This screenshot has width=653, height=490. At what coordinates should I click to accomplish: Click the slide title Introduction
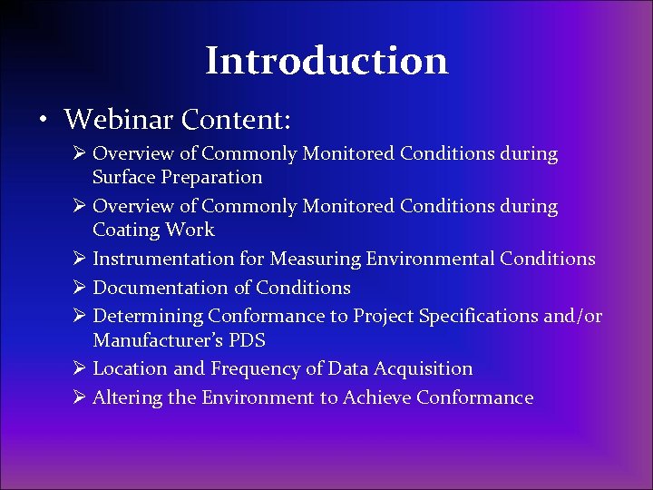point(326,62)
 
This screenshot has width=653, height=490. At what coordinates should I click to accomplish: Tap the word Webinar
point(120,119)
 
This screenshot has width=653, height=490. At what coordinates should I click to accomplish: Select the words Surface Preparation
point(177,178)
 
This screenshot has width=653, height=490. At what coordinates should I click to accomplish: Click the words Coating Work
point(153,230)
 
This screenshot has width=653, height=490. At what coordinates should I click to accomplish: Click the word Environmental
point(430,260)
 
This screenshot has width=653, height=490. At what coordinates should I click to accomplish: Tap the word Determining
point(148,317)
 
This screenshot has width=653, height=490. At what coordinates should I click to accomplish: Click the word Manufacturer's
point(153,341)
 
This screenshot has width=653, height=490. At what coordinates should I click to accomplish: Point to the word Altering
point(122,398)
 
